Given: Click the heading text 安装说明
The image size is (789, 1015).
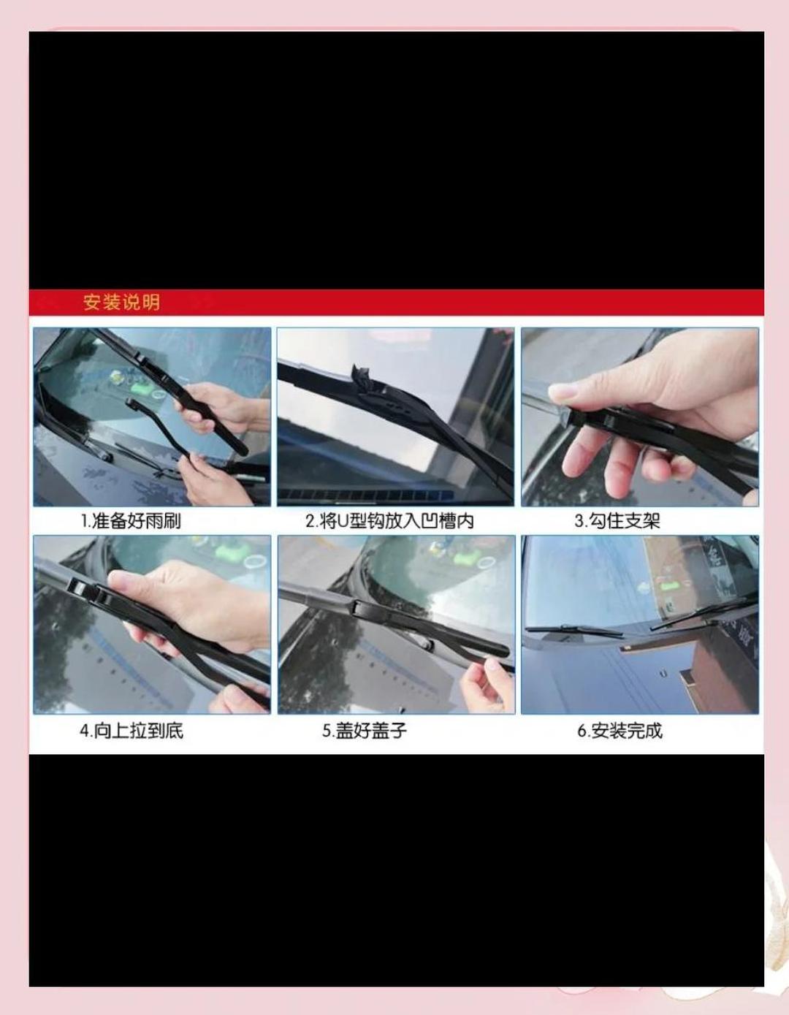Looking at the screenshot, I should click(x=121, y=302).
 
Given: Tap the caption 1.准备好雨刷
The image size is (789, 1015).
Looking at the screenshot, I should click(x=130, y=521).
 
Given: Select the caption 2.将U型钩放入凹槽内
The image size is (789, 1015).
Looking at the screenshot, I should click(x=389, y=521).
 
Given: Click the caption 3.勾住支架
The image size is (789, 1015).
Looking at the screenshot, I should click(x=617, y=521).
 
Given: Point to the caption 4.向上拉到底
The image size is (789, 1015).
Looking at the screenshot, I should click(x=131, y=730).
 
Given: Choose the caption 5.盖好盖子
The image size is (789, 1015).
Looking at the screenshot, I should click(x=365, y=730).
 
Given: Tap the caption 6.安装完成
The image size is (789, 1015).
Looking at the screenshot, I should click(x=620, y=730).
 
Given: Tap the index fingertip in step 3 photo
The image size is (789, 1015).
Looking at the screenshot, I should click(x=559, y=393).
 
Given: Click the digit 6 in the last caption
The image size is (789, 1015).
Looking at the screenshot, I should click(x=582, y=731).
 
